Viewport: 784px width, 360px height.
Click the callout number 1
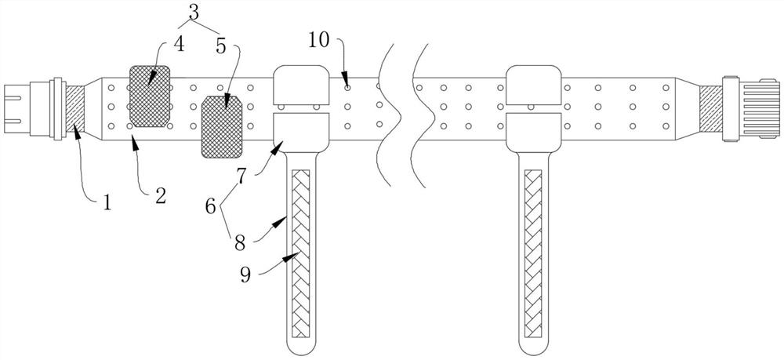click(107, 203)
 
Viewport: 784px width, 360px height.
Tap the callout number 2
click(160, 196)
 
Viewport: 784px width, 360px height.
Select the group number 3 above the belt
click(193, 12)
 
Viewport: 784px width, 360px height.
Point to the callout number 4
click(179, 44)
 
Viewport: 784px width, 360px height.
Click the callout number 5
click(220, 46)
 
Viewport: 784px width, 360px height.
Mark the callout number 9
click(245, 275)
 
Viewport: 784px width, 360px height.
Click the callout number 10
click(319, 40)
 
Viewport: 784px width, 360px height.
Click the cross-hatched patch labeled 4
click(150, 96)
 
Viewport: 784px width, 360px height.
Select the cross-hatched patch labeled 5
click(222, 127)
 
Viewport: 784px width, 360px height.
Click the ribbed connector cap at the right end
click(760, 108)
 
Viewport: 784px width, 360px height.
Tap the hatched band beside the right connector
click(710, 108)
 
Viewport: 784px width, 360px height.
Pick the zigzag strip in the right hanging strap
click(533, 253)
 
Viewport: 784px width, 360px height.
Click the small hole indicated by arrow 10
click(348, 88)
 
